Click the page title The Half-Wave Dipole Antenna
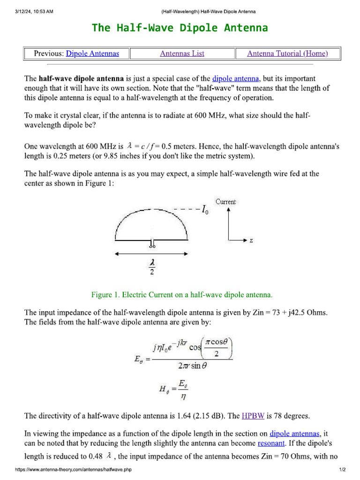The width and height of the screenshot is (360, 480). [180, 28]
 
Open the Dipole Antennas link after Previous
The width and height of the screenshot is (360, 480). [92, 53]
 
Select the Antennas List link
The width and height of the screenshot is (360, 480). [182, 53]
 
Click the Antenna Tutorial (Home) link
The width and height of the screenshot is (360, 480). [287, 53]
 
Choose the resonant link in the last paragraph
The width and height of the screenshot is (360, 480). [272, 443]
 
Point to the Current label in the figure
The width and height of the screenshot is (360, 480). [225, 202]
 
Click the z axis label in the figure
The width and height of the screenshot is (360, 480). [252, 240]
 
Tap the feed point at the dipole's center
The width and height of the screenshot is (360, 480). [152, 243]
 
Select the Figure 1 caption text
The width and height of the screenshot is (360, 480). [181, 295]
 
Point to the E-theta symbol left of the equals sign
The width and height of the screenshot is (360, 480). [139, 360]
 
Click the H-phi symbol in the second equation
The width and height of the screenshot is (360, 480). [165, 389]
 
